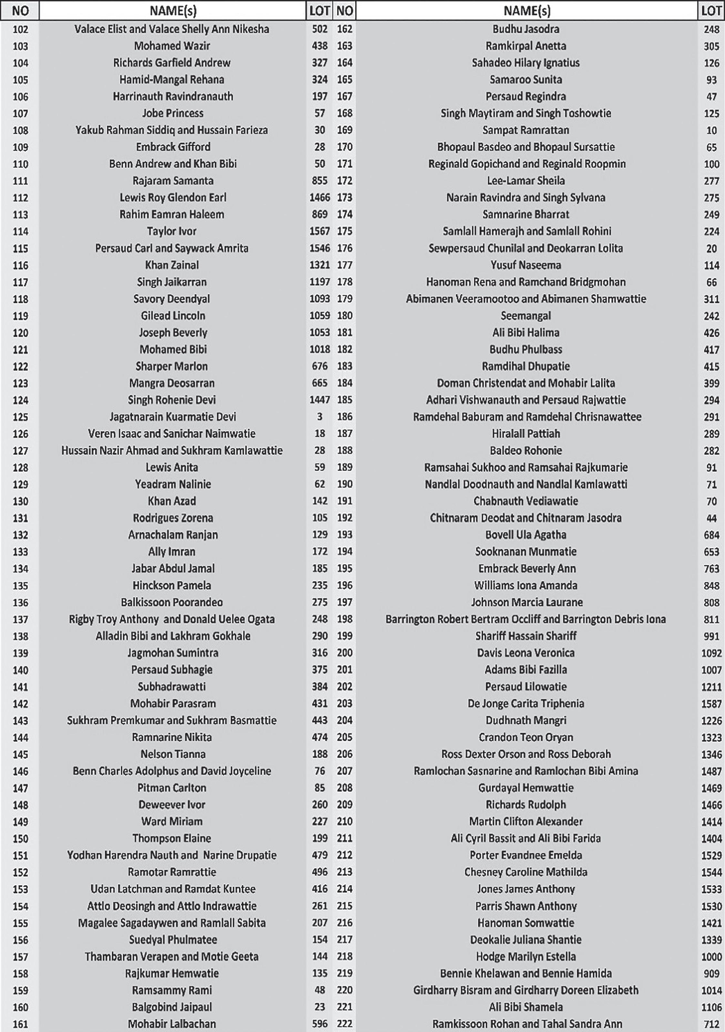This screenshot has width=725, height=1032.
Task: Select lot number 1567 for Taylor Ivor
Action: (x=319, y=231)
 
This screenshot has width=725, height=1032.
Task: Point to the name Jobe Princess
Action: (x=173, y=113)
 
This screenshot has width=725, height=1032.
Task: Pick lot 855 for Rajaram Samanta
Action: (x=319, y=181)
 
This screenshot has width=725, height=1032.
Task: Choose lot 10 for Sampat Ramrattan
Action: (x=711, y=130)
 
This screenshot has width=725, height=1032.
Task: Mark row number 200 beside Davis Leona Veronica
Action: (x=344, y=653)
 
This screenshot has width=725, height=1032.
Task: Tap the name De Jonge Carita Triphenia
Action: (x=525, y=703)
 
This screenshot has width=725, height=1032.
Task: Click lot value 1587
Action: (x=711, y=703)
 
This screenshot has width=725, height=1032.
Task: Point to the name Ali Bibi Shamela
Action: (x=525, y=1007)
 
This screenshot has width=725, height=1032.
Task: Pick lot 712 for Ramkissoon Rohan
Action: (x=711, y=1024)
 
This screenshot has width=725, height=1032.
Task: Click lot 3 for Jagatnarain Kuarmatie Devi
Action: (x=319, y=417)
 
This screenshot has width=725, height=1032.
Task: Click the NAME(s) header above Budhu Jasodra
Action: (x=526, y=10)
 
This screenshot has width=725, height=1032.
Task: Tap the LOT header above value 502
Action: (x=319, y=10)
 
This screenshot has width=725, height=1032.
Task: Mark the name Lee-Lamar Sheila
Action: (x=525, y=181)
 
